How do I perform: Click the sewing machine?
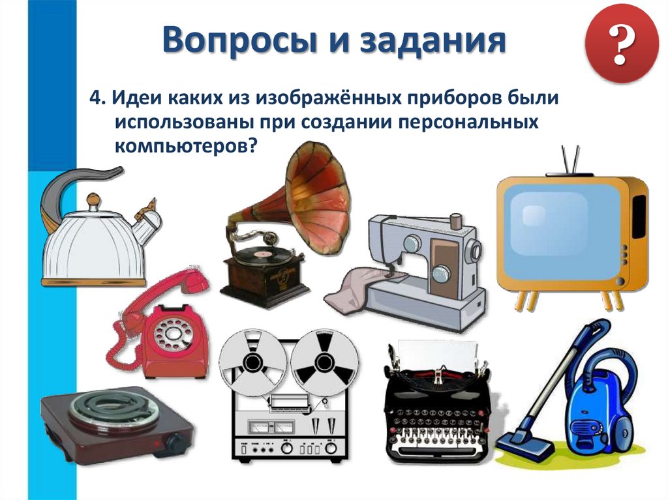point(424,267)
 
